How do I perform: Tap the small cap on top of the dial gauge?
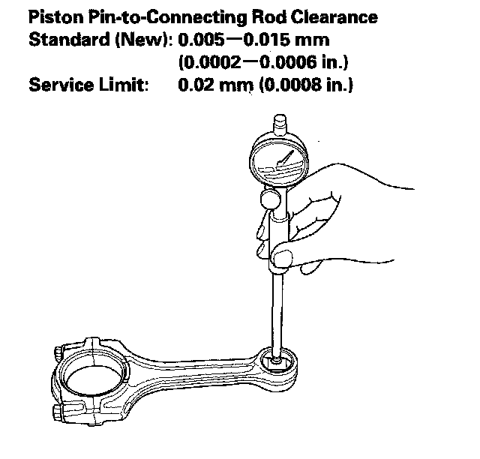279,121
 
